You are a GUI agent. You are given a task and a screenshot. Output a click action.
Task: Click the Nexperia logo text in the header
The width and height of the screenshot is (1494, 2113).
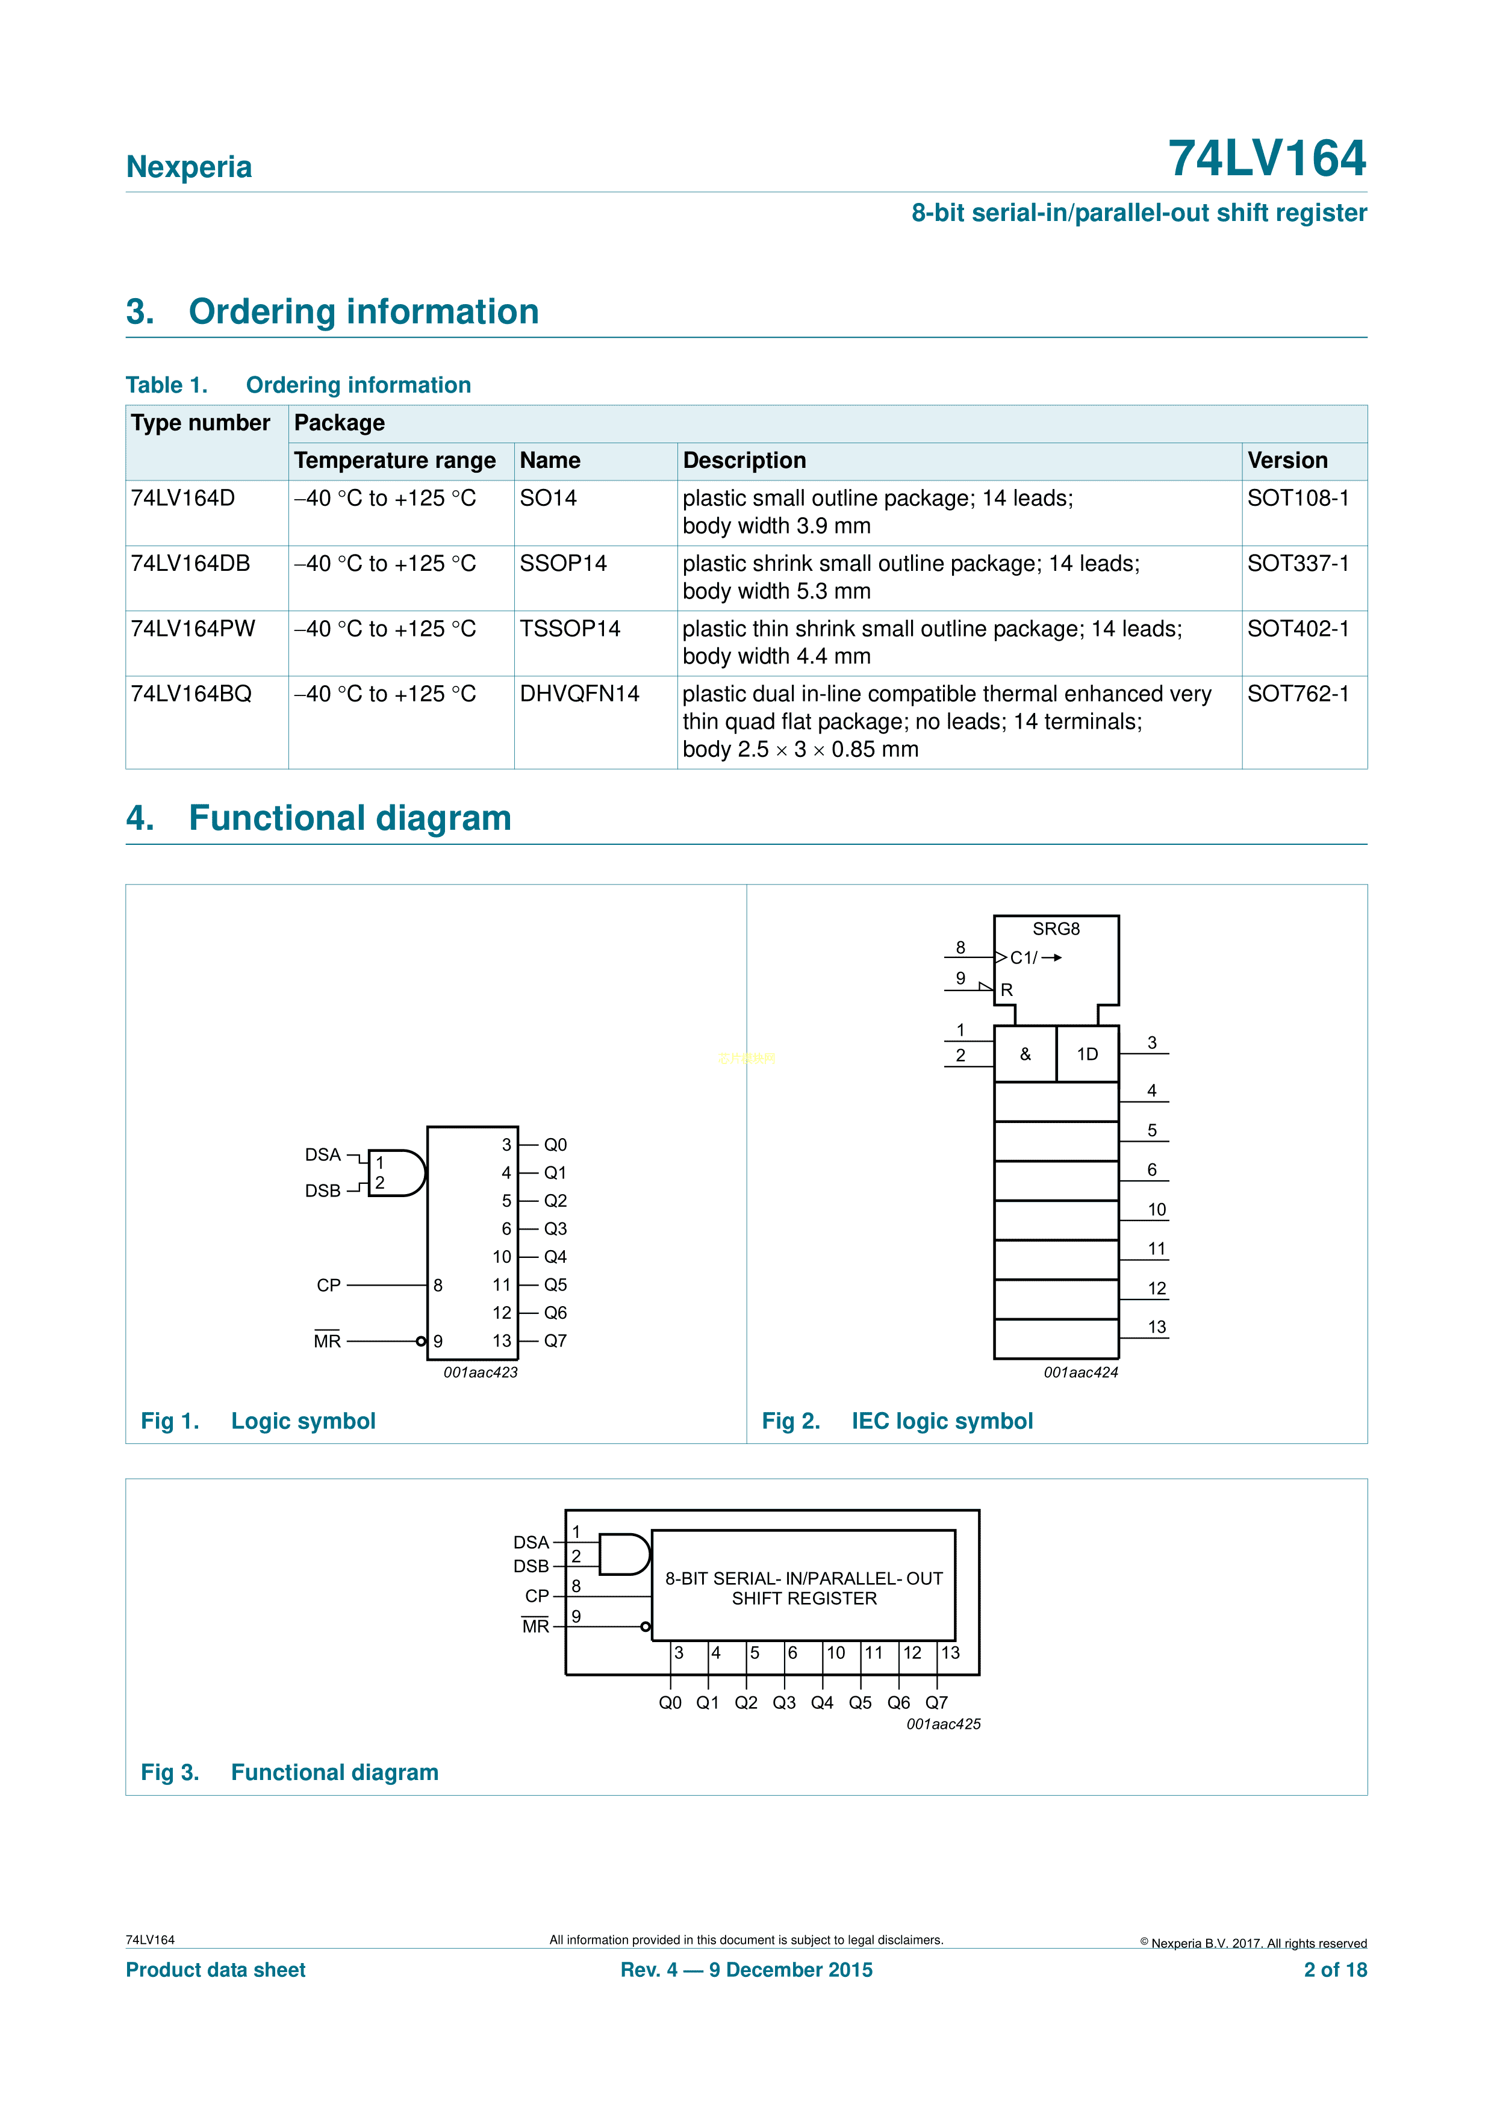click(188, 167)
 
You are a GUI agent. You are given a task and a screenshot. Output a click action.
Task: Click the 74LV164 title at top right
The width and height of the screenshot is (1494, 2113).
click(1266, 158)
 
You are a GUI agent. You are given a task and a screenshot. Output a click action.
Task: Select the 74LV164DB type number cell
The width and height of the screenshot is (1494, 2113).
click(190, 563)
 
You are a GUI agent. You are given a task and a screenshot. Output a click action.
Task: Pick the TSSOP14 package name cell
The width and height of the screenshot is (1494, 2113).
click(570, 629)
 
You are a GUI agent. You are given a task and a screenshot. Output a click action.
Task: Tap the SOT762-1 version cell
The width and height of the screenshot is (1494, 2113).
click(1298, 694)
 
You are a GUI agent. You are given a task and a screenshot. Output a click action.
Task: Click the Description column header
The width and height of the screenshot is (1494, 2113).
click(744, 460)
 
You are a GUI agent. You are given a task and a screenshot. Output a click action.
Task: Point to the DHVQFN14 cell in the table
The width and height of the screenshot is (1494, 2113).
click(579, 694)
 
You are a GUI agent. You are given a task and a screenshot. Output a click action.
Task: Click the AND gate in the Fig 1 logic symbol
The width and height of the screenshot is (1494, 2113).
click(397, 1172)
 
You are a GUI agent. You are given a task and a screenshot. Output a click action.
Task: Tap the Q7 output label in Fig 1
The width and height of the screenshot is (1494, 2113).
click(555, 1341)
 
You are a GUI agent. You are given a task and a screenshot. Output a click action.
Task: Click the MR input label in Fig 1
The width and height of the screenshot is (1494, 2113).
click(327, 1341)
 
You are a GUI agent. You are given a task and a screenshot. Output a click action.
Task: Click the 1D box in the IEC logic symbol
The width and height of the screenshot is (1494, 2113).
click(1087, 1054)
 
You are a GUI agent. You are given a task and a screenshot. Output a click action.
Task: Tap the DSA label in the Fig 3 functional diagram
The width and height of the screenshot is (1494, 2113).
click(531, 1542)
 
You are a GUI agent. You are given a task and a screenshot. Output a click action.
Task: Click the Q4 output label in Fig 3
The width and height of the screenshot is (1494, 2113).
click(822, 1702)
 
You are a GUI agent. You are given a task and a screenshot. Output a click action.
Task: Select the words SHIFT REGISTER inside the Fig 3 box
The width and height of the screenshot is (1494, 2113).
click(805, 1599)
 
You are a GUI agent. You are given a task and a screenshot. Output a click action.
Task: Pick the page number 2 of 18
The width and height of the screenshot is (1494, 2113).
click(1335, 1970)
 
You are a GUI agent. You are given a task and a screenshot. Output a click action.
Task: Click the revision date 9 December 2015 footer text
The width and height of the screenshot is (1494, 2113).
click(790, 1970)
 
